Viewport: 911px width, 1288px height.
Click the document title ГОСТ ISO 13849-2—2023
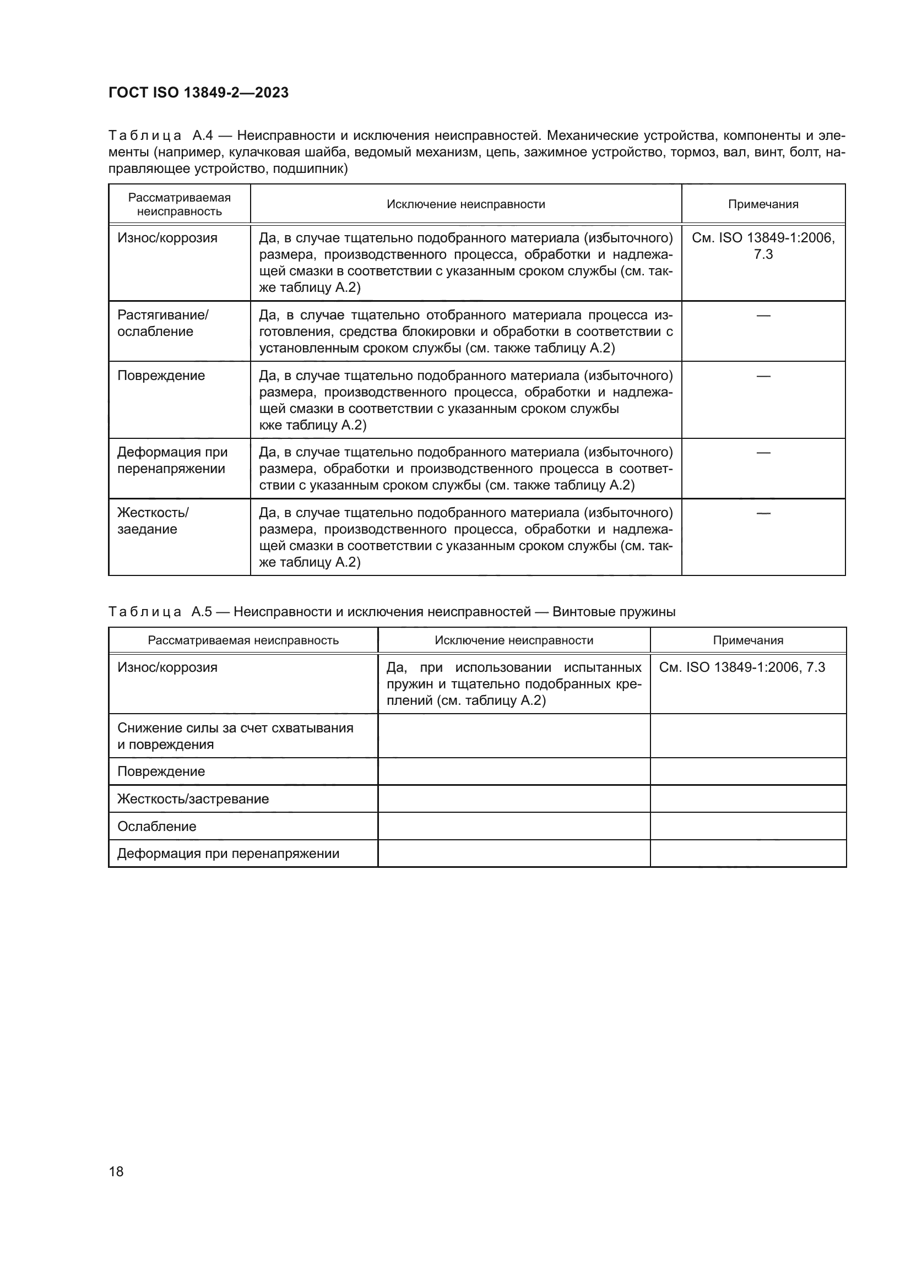(199, 93)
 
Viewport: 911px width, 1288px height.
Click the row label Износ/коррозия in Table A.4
(167, 238)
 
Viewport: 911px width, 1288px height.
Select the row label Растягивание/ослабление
(162, 323)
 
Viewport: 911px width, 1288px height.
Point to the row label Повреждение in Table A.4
(161, 376)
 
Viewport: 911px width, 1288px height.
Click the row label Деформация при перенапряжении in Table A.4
(172, 460)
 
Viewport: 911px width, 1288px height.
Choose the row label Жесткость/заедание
(153, 520)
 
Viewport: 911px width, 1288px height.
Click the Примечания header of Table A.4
(763, 204)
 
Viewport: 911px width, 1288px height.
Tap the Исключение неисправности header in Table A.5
(514, 640)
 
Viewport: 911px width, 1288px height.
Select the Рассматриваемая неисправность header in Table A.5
(243, 640)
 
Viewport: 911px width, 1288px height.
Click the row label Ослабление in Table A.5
(156, 827)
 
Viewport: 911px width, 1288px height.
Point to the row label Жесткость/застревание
(193, 799)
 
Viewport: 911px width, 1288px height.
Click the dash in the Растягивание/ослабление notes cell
(763, 316)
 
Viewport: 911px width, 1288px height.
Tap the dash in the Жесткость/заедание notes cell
(763, 513)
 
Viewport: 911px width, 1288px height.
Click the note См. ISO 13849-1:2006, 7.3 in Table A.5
(741, 667)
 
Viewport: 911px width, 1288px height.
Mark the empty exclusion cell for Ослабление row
(514, 827)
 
